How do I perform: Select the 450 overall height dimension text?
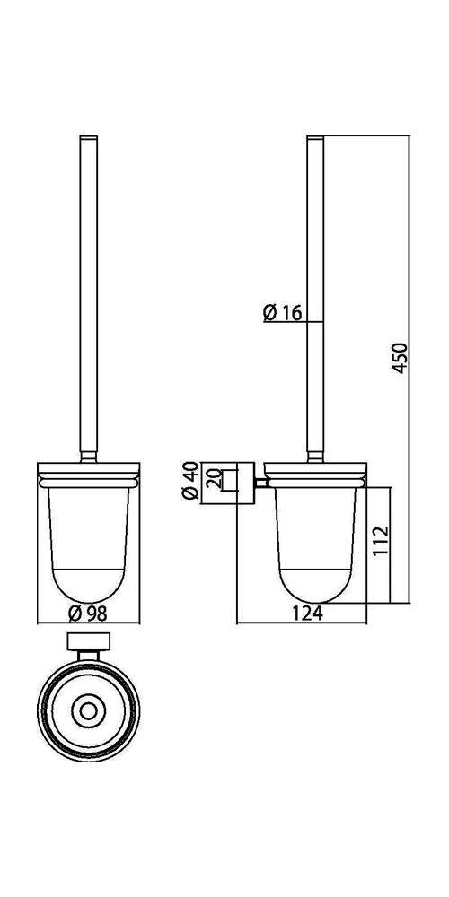coord(402,358)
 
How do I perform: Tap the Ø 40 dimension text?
coord(190,483)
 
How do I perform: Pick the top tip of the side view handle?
coord(315,136)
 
